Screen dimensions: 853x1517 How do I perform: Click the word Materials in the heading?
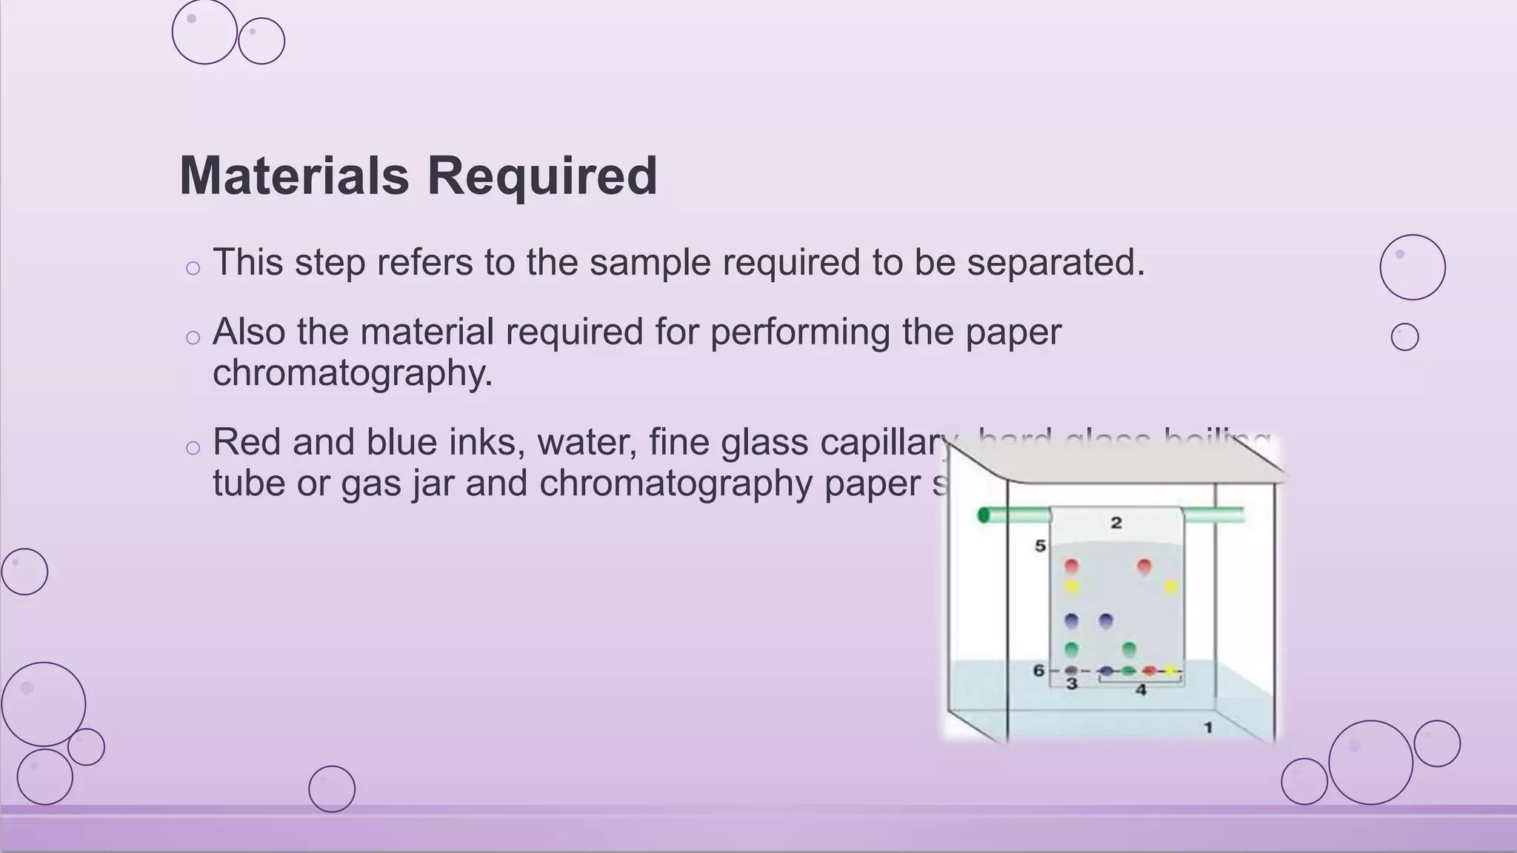tap(294, 176)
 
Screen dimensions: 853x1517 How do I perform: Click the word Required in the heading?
tap(541, 176)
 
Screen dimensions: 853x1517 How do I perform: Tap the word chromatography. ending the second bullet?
tap(353, 372)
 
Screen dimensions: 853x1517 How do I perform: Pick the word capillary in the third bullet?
tap(885, 444)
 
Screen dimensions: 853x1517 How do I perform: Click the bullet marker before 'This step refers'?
tap(193, 268)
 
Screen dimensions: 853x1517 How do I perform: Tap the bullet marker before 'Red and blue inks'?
tap(193, 448)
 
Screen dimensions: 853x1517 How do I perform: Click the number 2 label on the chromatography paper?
tap(1116, 523)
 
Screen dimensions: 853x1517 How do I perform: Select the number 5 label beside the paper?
tap(1040, 546)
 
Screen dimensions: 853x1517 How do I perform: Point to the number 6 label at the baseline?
tap(1038, 671)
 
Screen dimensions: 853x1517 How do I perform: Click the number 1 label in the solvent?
tap(1208, 727)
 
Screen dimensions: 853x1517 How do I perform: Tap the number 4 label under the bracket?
tap(1141, 690)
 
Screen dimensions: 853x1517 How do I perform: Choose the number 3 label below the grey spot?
tap(1072, 684)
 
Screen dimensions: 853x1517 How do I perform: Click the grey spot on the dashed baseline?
tap(1071, 671)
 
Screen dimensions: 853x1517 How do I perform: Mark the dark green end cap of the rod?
tap(984, 515)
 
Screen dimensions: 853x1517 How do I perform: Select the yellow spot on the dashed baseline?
tap(1171, 671)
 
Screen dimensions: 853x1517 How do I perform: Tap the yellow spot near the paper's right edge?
tap(1170, 587)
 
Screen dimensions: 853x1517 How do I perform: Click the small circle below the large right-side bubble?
tap(1404, 337)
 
